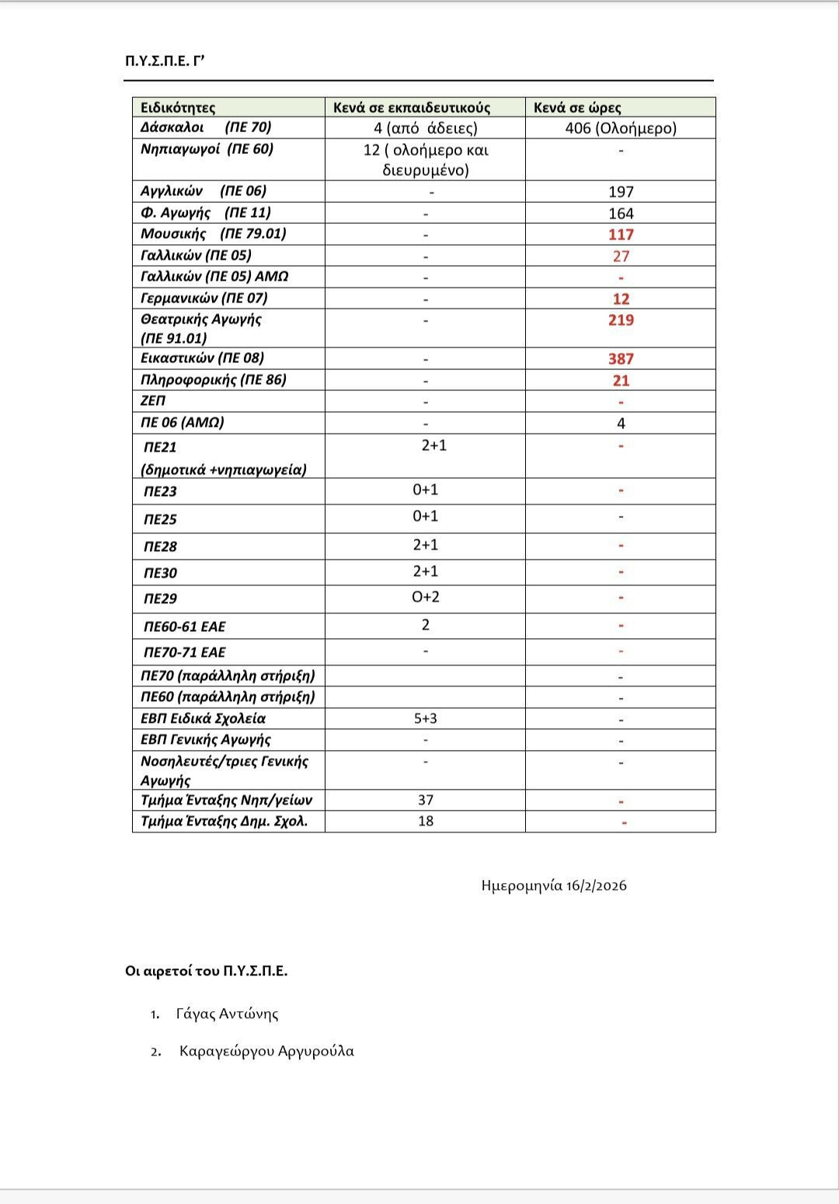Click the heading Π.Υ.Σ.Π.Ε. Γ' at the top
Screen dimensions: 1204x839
[164, 61]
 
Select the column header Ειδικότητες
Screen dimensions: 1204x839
[178, 107]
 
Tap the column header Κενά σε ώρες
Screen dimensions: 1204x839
[577, 107]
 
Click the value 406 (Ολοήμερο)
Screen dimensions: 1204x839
[621, 128]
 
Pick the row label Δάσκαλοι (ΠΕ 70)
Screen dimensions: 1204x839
[206, 127]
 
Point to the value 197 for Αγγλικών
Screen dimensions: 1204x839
[621, 192]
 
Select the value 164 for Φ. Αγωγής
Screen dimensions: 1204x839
[621, 213]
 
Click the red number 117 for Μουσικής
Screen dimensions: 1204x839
[621, 235]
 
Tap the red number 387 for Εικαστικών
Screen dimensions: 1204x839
[621, 359]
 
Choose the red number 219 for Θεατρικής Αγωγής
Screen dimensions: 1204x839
[621, 320]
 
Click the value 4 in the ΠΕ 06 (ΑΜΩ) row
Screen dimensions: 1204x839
[621, 424]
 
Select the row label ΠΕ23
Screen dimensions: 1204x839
[160, 491]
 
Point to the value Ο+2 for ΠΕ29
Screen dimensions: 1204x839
[426, 597]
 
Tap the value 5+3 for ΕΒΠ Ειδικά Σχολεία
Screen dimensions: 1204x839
[426, 718]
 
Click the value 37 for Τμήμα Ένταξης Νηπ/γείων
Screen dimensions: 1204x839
[426, 800]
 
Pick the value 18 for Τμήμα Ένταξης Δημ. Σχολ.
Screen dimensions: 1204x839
[426, 821]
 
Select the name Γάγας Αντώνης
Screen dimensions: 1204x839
[227, 1014]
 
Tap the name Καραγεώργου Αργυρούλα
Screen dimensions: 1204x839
[266, 1051]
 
